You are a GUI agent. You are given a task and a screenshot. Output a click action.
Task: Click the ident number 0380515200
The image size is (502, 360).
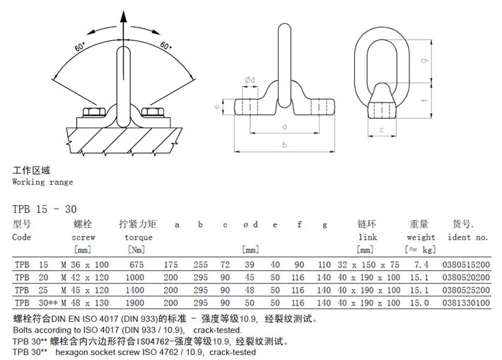pos(465,265)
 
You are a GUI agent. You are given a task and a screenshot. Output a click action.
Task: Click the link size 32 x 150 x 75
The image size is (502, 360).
pos(368,265)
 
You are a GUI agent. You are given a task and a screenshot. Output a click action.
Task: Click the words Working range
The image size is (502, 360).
pos(42,182)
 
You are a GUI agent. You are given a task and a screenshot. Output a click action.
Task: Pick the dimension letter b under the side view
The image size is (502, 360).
pos(284,144)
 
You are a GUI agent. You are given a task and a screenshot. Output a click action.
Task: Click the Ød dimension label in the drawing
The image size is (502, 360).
pos(250,80)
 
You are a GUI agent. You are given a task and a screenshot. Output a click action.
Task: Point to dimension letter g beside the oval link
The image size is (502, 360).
pos(422,61)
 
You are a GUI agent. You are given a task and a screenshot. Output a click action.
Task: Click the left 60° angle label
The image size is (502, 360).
pos(80,47)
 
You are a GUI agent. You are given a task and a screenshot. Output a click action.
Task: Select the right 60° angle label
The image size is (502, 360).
pos(165,46)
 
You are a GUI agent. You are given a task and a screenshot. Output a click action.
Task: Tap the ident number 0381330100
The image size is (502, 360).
pos(465,302)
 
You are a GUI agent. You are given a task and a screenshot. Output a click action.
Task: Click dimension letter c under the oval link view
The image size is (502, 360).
pos(382,129)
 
